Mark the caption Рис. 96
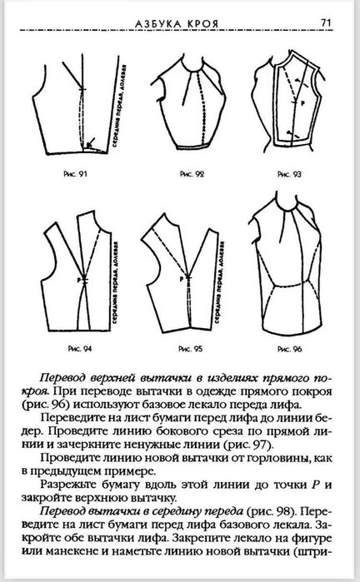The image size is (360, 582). click(286, 343)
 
